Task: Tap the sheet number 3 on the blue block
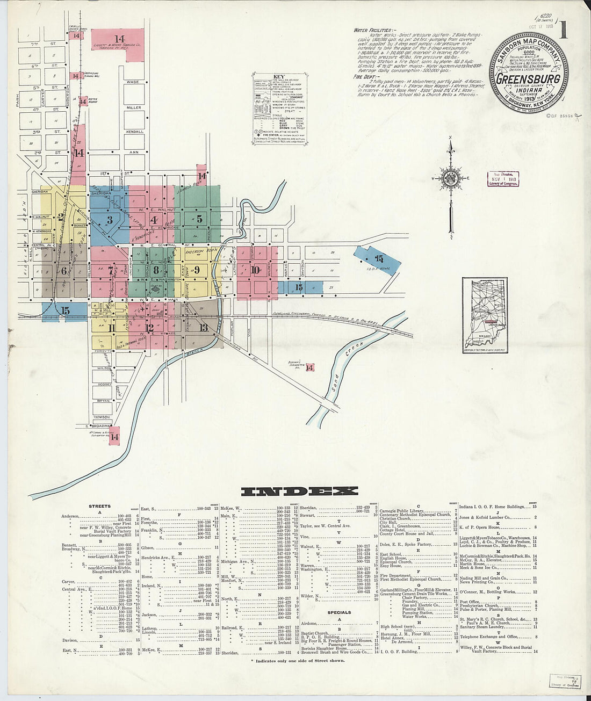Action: tap(110, 219)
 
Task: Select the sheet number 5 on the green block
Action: tap(199, 219)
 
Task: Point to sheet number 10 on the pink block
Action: tap(256, 270)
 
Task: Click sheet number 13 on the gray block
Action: tap(203, 327)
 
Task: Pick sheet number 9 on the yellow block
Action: tap(197, 270)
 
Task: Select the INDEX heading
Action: tap(299, 491)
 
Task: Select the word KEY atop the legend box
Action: tap(279, 76)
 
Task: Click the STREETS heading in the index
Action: tap(100, 506)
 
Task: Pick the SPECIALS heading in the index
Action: tap(339, 612)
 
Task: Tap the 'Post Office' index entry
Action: tap(470, 602)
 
